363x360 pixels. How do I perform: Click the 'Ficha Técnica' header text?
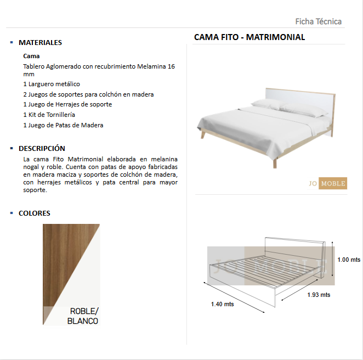pos(318,21)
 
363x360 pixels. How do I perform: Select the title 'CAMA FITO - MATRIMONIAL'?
pos(249,37)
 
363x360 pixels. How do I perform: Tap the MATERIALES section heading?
pos(40,42)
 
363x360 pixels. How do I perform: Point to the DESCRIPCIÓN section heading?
pos(42,148)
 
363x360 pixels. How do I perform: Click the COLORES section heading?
pos(34,213)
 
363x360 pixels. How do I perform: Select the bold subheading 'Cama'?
pos(31,56)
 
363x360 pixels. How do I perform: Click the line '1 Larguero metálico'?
pos(52,84)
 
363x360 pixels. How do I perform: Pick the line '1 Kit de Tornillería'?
pos(49,115)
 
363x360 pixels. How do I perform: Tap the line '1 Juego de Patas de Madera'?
pos(63,125)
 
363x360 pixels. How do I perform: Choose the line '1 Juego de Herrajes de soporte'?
pos(67,104)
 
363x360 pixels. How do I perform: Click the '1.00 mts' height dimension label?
pos(349,260)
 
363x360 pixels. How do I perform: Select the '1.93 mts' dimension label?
pos(318,295)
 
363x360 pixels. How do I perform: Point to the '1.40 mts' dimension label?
pos(222,304)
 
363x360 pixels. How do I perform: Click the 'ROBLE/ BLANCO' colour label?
pos(83,316)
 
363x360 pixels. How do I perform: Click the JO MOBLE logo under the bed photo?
pos(327,183)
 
